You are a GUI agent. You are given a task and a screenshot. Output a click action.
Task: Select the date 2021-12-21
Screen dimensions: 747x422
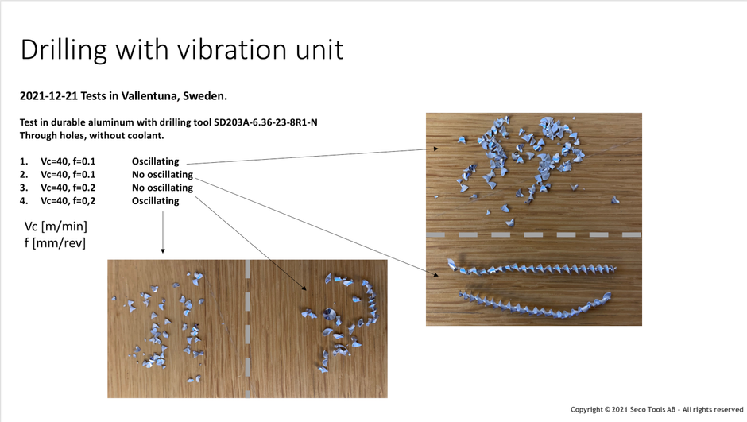[x=48, y=95]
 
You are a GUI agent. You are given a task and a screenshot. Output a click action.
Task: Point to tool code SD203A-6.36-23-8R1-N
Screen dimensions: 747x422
[x=265, y=122]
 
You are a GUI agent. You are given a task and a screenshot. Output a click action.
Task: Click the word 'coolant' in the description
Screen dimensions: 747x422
[x=145, y=136]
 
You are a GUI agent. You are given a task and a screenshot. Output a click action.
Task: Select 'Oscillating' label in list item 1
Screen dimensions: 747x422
[x=155, y=161]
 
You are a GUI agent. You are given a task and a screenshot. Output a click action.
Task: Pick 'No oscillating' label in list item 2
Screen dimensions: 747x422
[x=162, y=174]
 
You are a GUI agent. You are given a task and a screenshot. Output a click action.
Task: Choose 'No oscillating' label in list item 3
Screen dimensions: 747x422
[x=162, y=188]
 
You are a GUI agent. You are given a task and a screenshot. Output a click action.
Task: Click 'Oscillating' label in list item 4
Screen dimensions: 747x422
[x=155, y=201]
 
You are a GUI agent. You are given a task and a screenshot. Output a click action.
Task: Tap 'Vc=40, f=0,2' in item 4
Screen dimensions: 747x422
[x=68, y=201]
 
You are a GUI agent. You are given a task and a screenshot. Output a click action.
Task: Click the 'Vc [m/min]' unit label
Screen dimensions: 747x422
[x=56, y=226]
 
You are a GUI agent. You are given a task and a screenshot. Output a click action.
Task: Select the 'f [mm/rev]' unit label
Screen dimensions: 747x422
[x=55, y=243]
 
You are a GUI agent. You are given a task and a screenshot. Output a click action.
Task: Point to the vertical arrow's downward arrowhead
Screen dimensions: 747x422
[x=163, y=250]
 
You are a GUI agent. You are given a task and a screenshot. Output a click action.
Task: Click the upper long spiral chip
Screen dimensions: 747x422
[x=531, y=269]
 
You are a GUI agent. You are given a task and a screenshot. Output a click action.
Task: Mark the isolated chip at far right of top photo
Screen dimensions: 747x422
[x=615, y=200]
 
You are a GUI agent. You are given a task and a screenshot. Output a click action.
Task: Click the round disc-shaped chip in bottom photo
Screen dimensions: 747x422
[x=329, y=314]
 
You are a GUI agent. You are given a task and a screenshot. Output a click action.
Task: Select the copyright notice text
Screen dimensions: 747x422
[x=656, y=409]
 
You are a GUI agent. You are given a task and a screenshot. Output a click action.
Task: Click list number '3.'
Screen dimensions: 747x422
[x=24, y=188]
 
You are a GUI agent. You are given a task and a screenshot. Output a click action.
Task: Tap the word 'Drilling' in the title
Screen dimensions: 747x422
[x=64, y=50]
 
